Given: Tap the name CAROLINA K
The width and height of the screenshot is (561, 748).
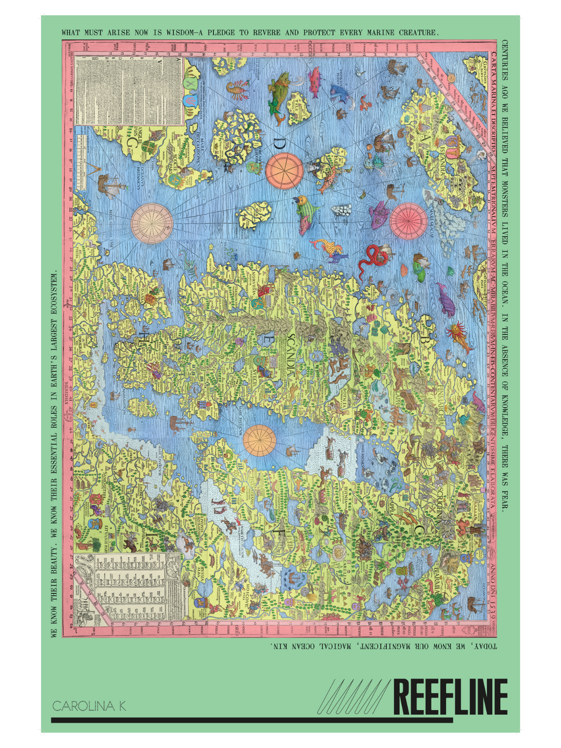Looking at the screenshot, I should click(88, 706).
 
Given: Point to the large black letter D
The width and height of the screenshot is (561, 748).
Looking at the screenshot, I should click(280, 144).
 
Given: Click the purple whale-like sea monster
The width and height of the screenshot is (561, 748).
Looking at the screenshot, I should click(445, 299).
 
